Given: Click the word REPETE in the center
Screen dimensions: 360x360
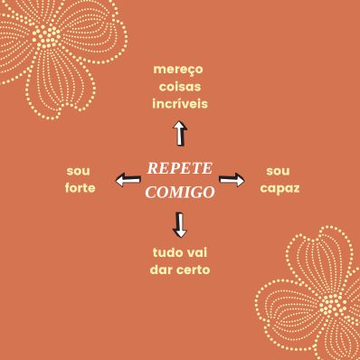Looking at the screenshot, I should coord(179,169).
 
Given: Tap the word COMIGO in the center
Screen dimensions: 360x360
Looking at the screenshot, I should coord(179,192).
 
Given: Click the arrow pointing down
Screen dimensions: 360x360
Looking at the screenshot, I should coord(180,223).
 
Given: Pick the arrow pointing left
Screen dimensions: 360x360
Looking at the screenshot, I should coord(127,182).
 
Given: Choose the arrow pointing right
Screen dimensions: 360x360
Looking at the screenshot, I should coord(232,180).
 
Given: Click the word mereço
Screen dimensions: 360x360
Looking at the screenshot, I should coord(179,70).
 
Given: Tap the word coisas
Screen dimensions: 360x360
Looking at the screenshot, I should coord(179,87).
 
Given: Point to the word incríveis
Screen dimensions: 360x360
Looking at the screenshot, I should coord(179,104).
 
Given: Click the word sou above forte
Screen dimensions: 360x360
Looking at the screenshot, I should coord(79,170).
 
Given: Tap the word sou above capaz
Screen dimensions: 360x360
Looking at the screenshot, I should coord(279,170).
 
